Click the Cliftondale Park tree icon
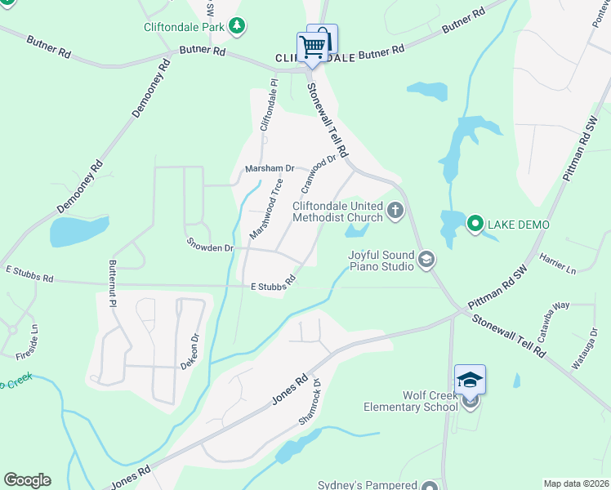tap(237, 27)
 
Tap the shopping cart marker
tap(311, 47)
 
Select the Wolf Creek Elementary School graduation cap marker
tap(470, 380)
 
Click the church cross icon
tap(395, 212)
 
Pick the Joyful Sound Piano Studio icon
tap(425, 261)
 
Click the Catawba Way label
tap(553, 318)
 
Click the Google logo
tap(27, 480)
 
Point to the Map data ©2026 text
tap(575, 483)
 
